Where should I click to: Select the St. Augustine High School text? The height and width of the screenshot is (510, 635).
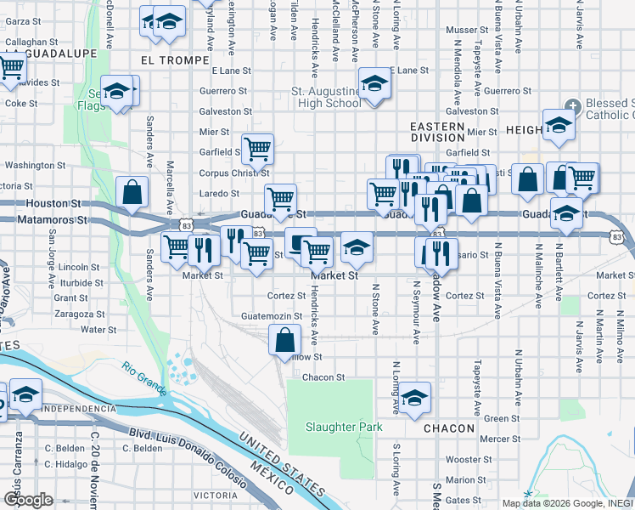pyautogui.click(x=326, y=97)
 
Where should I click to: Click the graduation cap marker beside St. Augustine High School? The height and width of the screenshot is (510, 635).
pyautogui.click(x=372, y=84)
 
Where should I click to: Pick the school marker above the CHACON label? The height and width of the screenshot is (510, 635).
pyautogui.click(x=414, y=397)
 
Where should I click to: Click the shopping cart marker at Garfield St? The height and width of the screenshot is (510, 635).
pyautogui.click(x=257, y=149)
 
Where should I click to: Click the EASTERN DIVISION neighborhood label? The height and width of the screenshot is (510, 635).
pyautogui.click(x=437, y=132)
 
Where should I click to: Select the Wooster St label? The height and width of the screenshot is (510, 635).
pyautogui.click(x=464, y=459)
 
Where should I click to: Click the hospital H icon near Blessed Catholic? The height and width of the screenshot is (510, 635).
pyautogui.click(x=574, y=106)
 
